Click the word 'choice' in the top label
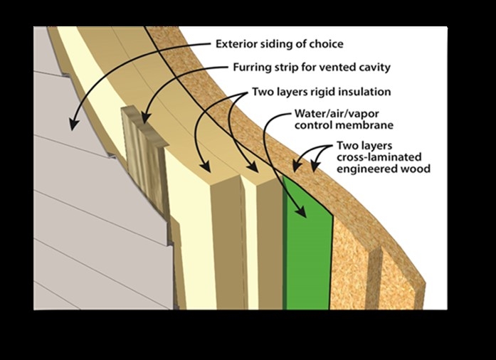click(x=327, y=44)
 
